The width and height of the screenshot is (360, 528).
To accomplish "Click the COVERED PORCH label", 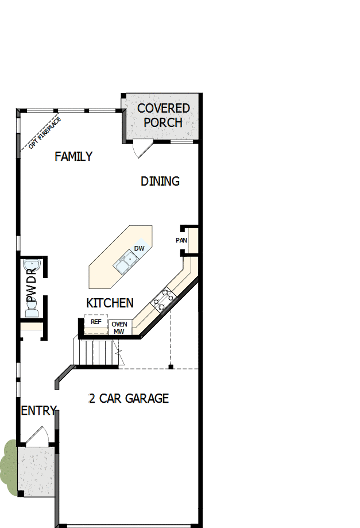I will (163, 115).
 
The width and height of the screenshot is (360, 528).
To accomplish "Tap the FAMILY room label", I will (73, 156).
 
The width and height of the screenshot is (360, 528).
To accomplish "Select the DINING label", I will (160, 182).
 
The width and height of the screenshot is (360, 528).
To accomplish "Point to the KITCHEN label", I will (110, 303).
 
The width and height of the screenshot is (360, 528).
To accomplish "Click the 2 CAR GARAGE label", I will (129, 398).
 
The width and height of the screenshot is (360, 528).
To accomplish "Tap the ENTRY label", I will (38, 411).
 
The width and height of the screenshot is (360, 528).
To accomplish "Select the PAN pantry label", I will (181, 240).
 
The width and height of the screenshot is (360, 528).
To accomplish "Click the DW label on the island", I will (139, 249).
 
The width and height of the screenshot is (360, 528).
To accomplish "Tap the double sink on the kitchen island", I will (125, 263).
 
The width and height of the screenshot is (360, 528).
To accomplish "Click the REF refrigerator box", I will (96, 322).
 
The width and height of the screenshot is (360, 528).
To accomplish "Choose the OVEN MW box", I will (119, 327).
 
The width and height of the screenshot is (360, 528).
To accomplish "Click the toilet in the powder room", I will (31, 311).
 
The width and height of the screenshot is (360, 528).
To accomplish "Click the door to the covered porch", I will (141, 148).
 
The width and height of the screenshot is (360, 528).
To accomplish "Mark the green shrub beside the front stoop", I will (8, 465).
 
